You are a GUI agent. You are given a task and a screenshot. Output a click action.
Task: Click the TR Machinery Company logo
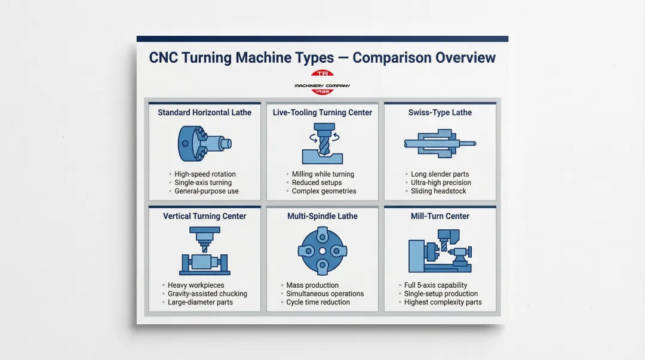tap(322, 82)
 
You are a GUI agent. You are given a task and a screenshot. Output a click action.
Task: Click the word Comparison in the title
tap(391, 58)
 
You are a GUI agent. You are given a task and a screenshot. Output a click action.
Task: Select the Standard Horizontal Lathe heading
tap(204, 112)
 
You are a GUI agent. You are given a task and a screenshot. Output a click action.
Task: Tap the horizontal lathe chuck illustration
tap(204, 143)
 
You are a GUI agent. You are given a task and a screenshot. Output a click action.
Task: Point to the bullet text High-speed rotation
tap(205, 174)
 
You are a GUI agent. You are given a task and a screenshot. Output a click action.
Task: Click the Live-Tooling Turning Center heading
tap(322, 112)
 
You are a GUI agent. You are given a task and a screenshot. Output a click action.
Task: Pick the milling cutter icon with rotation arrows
tap(322, 139)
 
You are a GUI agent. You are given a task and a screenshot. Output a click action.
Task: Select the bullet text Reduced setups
tap(317, 183)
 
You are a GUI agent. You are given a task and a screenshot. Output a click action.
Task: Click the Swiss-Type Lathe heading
tap(440, 112)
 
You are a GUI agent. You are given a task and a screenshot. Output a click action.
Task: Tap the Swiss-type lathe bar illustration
tap(440, 143)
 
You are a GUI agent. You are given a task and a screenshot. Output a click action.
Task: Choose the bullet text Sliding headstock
tap(438, 191)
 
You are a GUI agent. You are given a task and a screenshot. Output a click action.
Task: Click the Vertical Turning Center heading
tap(204, 216)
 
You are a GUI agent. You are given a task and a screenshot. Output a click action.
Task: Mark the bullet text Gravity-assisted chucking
tap(207, 294)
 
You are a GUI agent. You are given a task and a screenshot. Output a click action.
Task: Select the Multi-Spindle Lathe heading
tap(322, 216)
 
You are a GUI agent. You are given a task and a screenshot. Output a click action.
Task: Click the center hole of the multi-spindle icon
tap(322, 251)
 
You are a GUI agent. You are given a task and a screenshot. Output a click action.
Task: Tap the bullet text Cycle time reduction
tap(318, 302)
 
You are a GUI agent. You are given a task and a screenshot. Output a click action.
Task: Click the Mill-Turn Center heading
tap(440, 216)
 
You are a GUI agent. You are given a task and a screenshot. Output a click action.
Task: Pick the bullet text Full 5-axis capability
tap(435, 285)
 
